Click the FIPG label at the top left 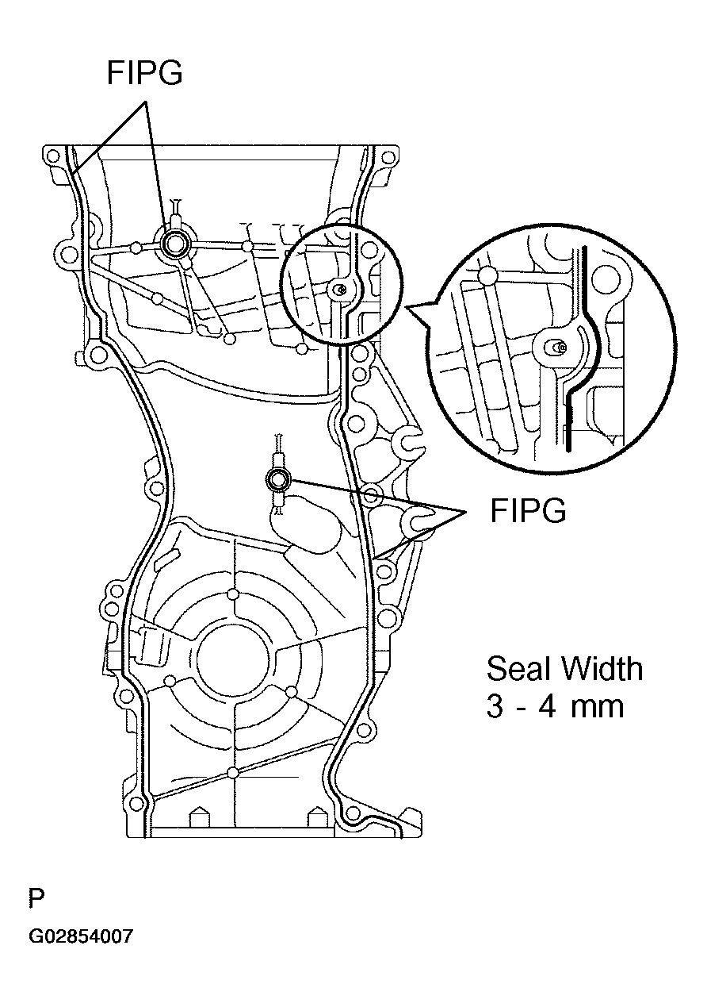pyautogui.click(x=144, y=73)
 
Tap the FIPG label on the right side pyautogui.click(x=528, y=511)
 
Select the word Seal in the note pyautogui.click(x=518, y=669)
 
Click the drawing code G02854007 pyautogui.click(x=81, y=936)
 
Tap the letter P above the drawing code pyautogui.click(x=36, y=899)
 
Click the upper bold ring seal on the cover pyautogui.click(x=174, y=244)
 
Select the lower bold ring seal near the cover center pyautogui.click(x=278, y=479)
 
